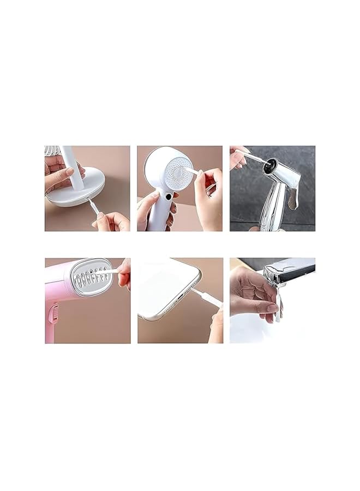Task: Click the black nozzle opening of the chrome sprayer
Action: point(270,166)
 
